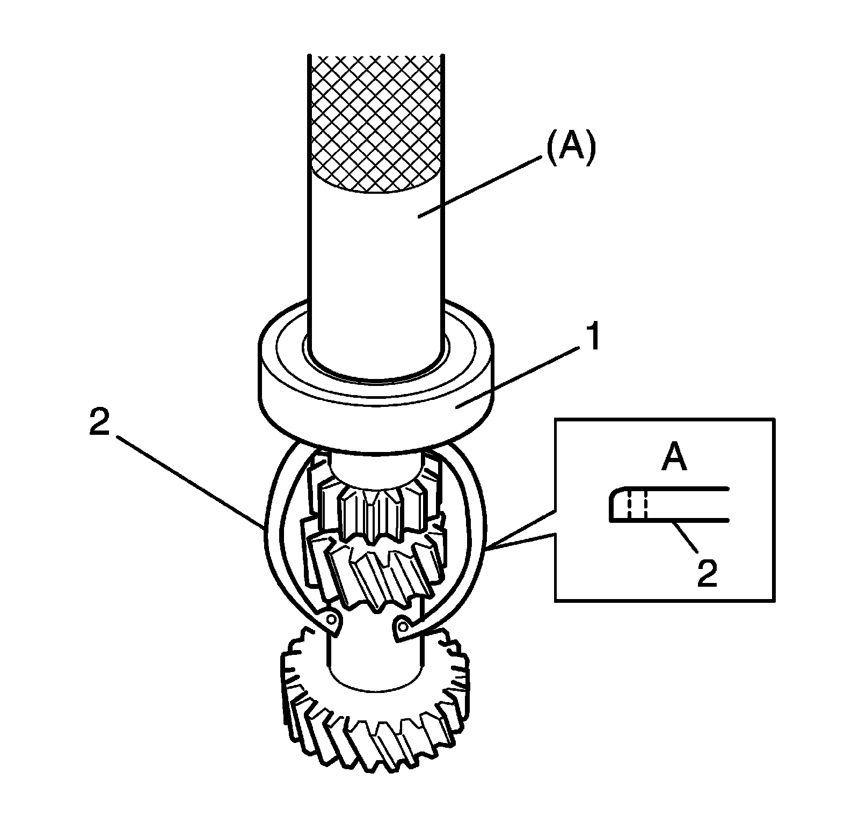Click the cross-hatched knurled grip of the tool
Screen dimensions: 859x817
click(376, 123)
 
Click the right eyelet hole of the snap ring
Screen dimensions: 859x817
click(403, 625)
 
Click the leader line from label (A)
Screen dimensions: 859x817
click(478, 187)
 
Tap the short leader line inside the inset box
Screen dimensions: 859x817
click(686, 535)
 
